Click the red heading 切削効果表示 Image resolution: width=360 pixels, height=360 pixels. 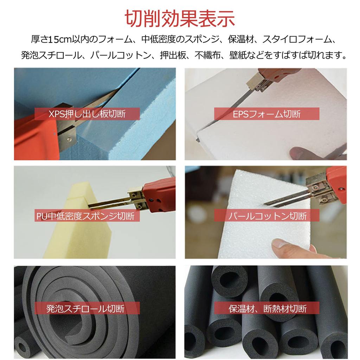[x=180, y=19]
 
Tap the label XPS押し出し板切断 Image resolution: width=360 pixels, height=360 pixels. [x=87, y=114]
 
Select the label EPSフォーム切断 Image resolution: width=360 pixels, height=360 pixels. [x=267, y=114]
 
